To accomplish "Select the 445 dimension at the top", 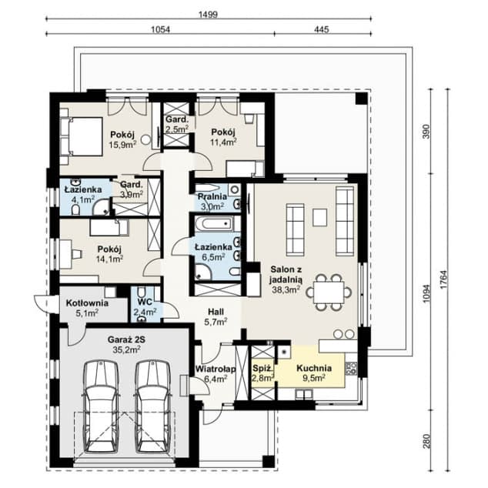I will (322, 29).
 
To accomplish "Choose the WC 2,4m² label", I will (145, 308).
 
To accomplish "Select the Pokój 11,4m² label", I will (222, 136).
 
